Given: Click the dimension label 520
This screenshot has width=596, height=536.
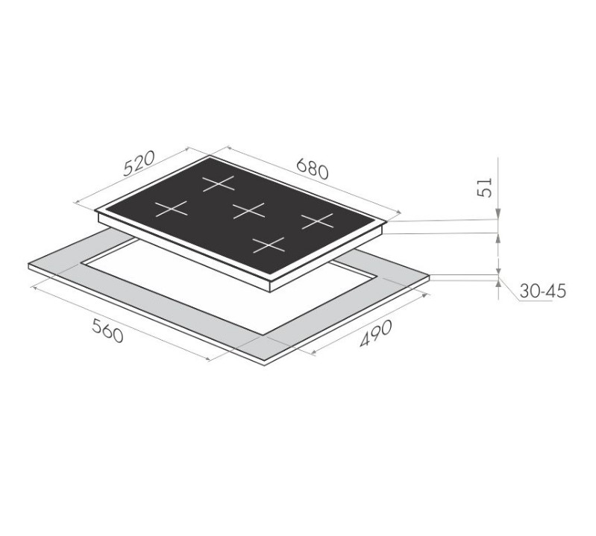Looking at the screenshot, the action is point(139,164).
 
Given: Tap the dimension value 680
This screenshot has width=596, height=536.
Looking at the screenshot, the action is point(312,169).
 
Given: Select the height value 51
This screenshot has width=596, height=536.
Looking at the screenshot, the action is point(485,187).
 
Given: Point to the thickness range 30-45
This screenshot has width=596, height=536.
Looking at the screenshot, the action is point(542,291).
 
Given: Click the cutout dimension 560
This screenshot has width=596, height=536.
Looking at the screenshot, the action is point(108,330).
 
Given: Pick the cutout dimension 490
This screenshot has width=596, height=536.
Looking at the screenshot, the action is point(375,333).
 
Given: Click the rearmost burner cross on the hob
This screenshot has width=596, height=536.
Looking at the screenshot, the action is point(218,183).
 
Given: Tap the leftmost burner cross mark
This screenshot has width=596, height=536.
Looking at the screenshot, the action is point(172,209).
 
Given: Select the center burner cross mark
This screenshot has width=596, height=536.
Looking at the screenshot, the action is point(248,210).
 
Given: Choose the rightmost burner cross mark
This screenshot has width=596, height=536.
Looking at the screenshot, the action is point(317,221).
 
